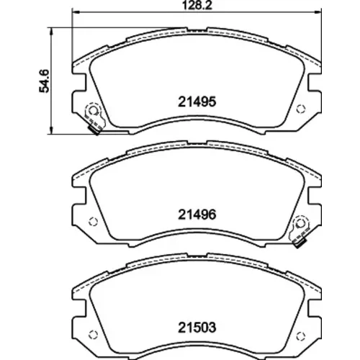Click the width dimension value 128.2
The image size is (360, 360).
point(197,5)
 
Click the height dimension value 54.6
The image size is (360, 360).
point(44,81)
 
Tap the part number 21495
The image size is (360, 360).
point(197,102)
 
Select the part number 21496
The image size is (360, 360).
point(197,215)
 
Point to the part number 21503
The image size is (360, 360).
point(197,328)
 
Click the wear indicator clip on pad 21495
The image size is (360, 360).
point(95,117)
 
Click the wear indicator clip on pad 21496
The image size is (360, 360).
point(300,230)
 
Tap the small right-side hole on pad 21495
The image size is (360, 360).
point(301,109)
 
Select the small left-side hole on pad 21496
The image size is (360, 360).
point(93,222)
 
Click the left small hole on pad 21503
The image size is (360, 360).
point(93,335)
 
